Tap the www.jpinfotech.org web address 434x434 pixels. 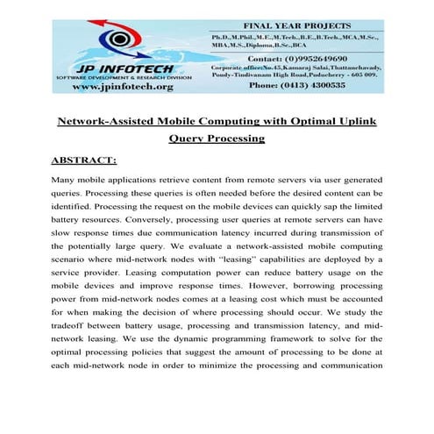click(123, 87)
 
